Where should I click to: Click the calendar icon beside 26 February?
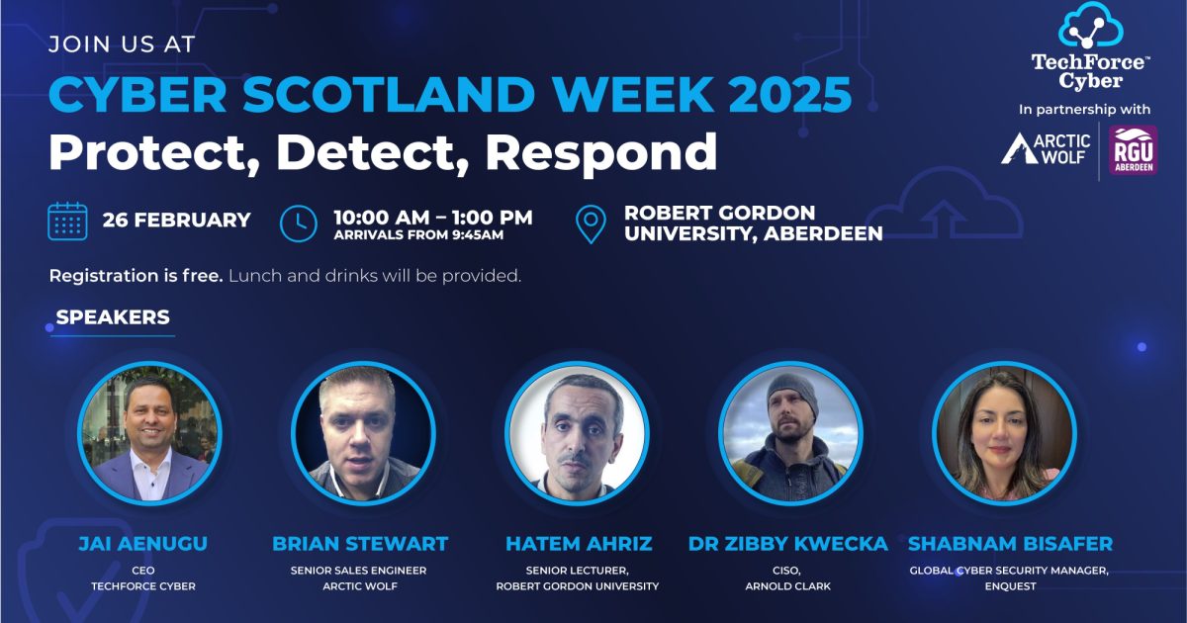[x=68, y=221]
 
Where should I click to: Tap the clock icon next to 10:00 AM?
[x=299, y=222]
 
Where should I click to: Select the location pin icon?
[x=591, y=224]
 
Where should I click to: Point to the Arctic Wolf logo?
[x=1046, y=150]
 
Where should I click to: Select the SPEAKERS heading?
[x=113, y=317]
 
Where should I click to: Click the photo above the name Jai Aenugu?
[x=150, y=433]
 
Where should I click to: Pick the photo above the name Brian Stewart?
[x=363, y=433]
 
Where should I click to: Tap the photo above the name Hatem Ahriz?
[x=577, y=433]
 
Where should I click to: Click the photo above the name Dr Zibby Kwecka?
[x=790, y=433]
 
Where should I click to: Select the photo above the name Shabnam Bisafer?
[x=1004, y=433]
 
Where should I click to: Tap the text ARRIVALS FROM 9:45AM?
[x=418, y=235]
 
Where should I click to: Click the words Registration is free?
[x=136, y=276]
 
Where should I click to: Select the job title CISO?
[x=788, y=570]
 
